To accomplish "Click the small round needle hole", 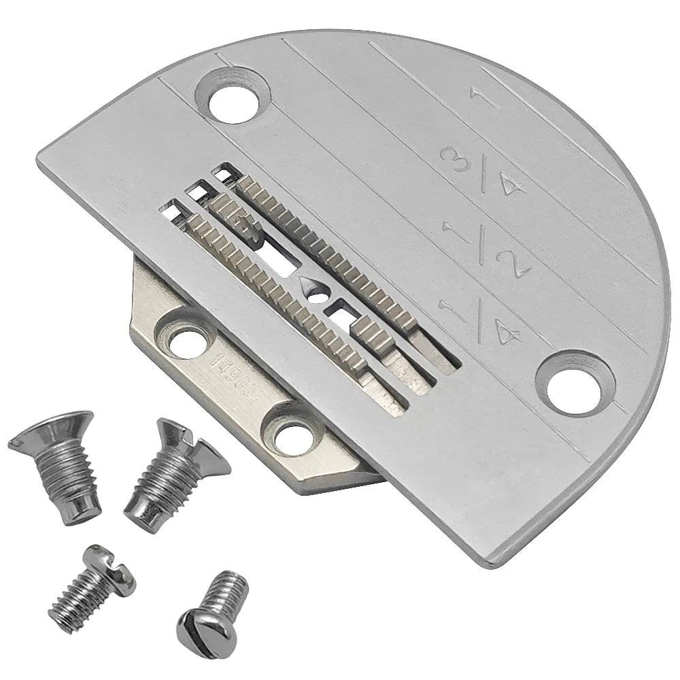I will point(316,297).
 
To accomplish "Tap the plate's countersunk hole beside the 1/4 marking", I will point(575,382).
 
